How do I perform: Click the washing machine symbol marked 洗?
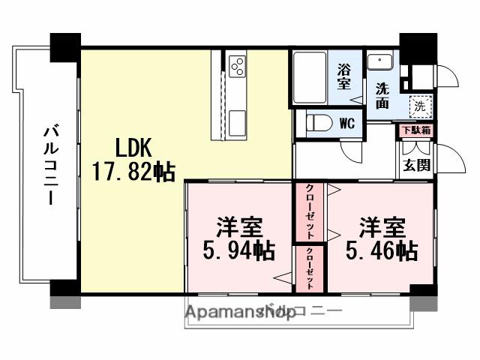pyautogui.click(x=421, y=106)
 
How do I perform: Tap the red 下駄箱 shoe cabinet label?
pyautogui.click(x=415, y=130)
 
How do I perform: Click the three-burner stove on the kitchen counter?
pyautogui.click(x=237, y=66)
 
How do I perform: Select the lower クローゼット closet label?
pyautogui.click(x=309, y=268)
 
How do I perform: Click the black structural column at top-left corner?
pyautogui.click(x=64, y=47)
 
